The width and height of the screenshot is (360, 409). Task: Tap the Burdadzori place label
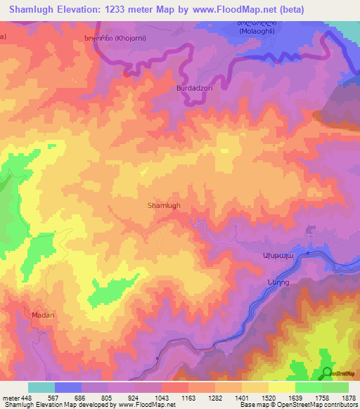[x=193, y=90]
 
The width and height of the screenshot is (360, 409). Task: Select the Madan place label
[x=43, y=315]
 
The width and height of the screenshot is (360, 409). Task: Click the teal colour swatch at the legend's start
[x=41, y=387]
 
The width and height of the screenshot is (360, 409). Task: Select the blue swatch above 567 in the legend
[x=68, y=387]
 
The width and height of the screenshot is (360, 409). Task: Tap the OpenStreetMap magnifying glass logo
[x=327, y=373]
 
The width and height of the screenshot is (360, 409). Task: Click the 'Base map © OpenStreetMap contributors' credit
[x=298, y=405]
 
